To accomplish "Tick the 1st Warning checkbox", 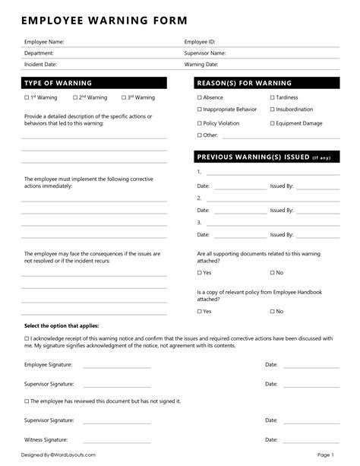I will tap(27, 98).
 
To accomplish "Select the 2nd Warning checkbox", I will tap(76, 98).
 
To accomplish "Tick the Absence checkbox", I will tap(200, 98).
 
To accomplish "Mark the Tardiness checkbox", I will tap(273, 98).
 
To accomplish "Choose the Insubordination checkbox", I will tap(273, 110).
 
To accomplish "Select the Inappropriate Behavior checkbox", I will tap(200, 110).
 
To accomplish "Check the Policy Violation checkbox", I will tap(200, 123).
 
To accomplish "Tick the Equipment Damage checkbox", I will tap(273, 123).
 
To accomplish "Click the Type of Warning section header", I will tap(58, 83).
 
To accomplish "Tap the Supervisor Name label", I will tap(205, 53).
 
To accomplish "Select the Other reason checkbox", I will tap(200, 135).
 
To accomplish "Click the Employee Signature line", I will tap(117, 366).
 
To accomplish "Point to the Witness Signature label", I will tap(46, 439).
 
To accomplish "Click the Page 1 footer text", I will tap(325, 455).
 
